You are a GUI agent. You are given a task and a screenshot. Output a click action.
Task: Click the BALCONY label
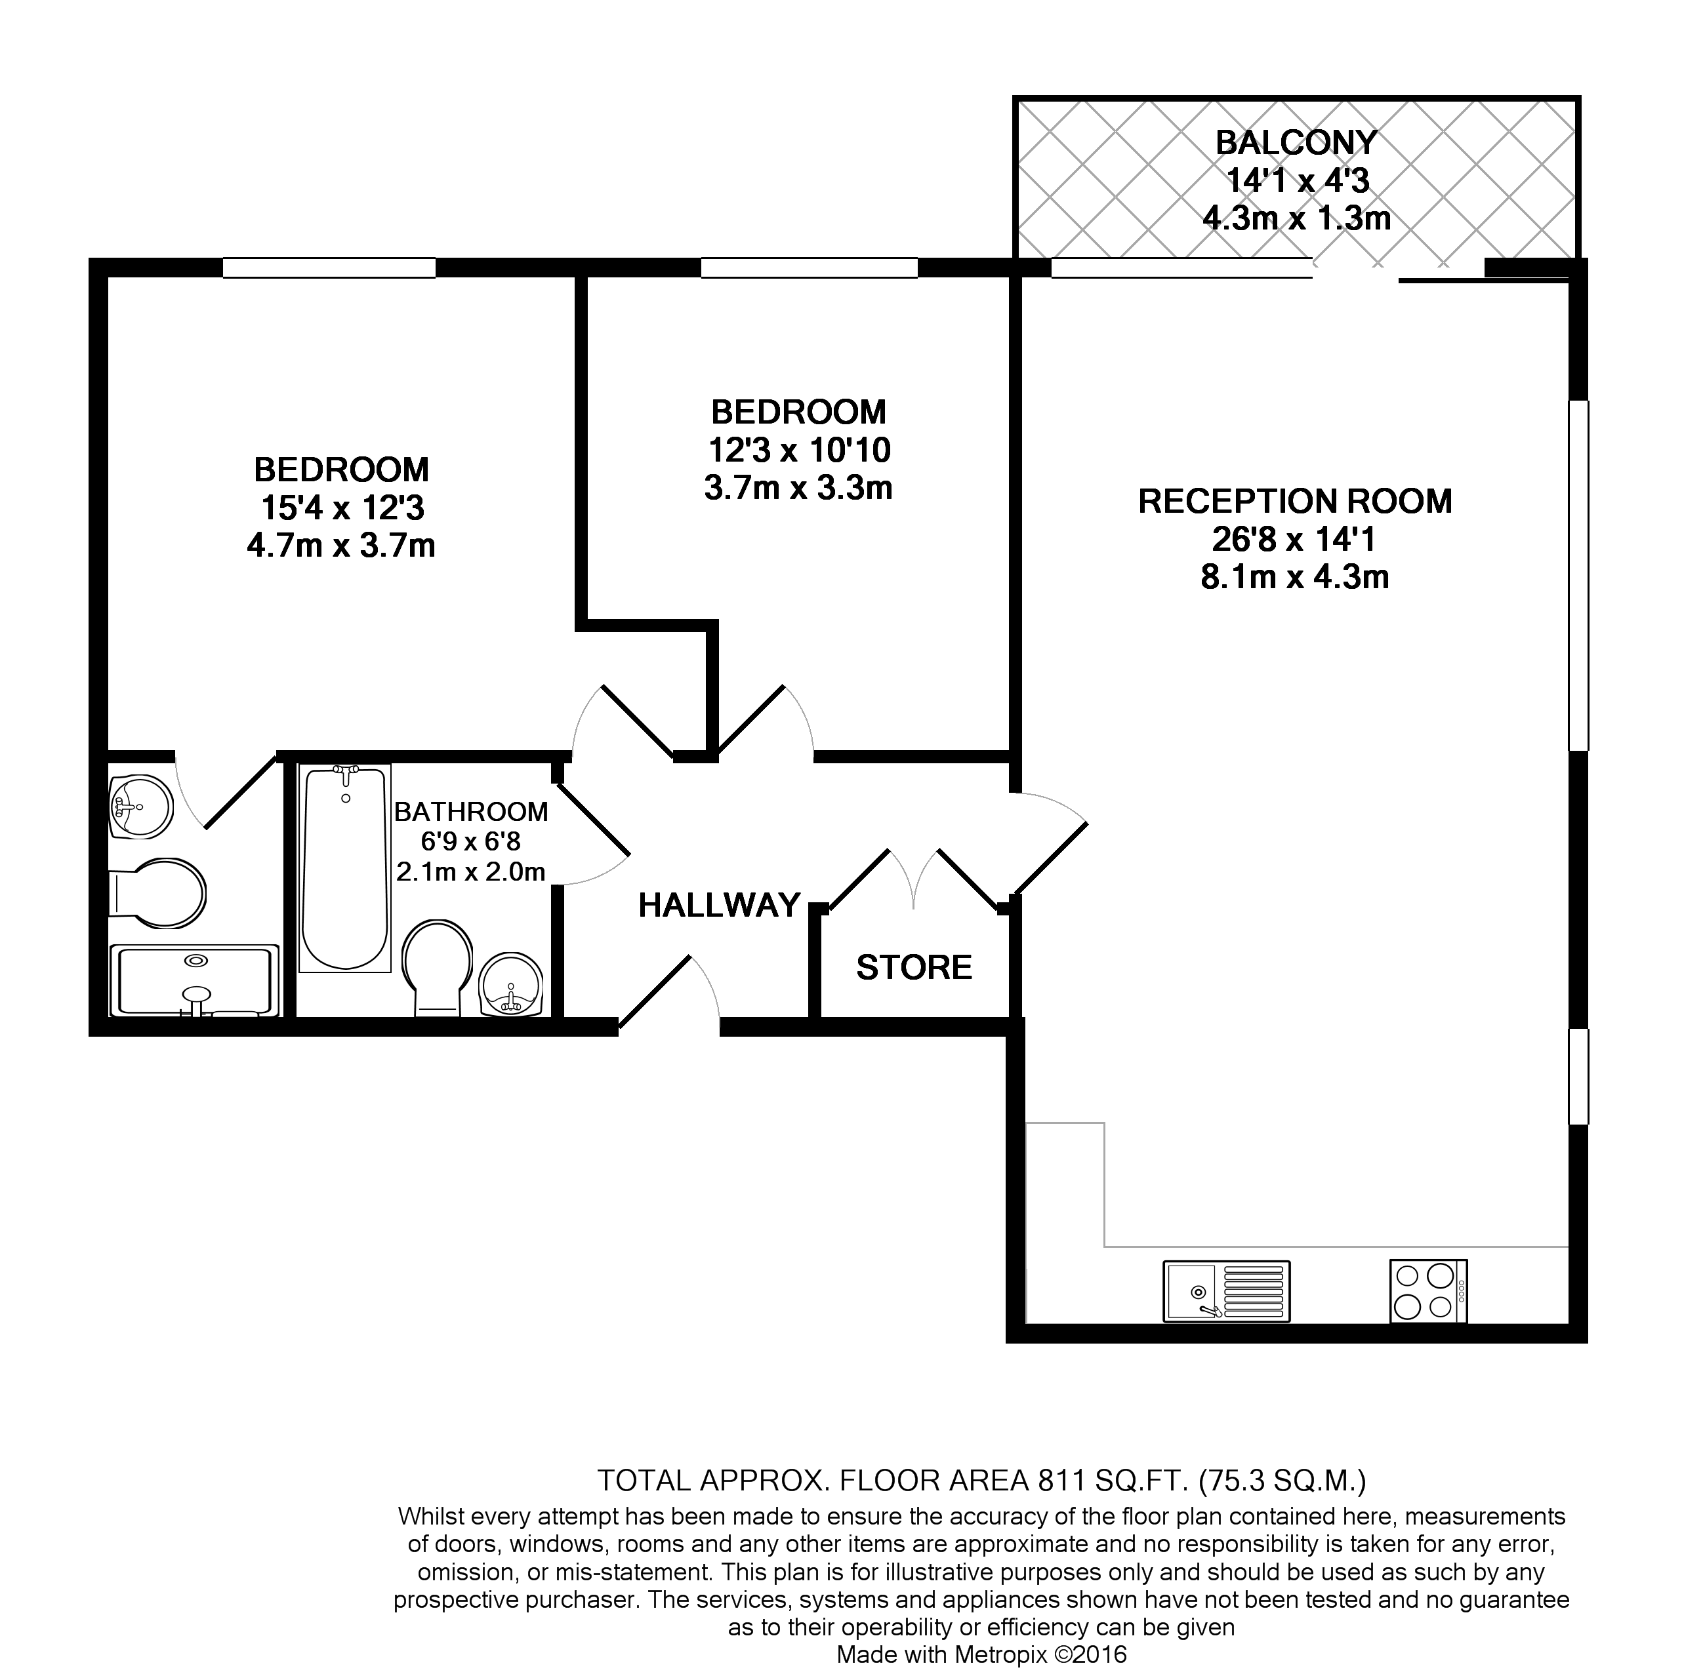(1295, 142)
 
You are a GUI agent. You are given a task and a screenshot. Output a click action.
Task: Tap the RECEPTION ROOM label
(1294, 502)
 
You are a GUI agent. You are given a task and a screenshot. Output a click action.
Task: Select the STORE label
(914, 968)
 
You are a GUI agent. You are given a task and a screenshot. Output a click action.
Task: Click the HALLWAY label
(718, 905)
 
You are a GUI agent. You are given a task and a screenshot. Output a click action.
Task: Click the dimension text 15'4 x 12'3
(342, 508)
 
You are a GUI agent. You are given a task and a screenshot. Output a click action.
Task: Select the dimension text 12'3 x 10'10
(798, 450)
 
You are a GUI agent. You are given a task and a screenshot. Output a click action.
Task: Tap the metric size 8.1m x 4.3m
(1294, 577)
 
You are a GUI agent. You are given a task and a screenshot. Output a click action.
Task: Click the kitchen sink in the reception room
(1226, 1290)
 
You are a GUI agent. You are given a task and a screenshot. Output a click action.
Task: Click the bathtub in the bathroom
(344, 868)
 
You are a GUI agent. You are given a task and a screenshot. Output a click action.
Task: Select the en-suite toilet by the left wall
(159, 894)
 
